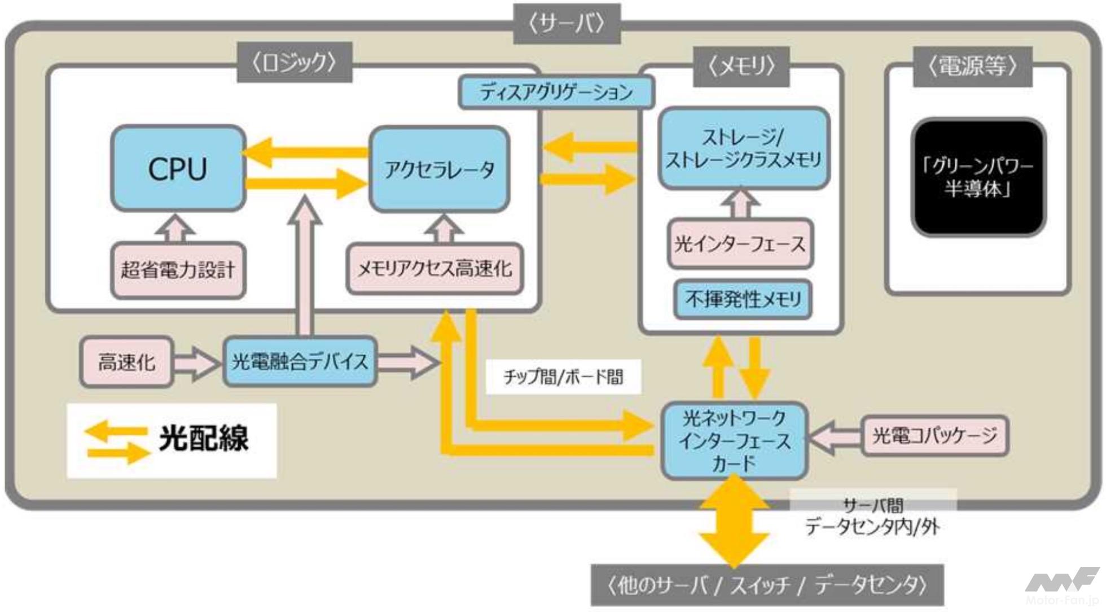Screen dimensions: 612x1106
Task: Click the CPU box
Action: (x=178, y=168)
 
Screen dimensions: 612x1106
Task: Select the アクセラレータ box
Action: (x=439, y=169)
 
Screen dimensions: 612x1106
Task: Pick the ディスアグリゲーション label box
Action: (x=556, y=92)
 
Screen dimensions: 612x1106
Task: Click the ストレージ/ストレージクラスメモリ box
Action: (x=743, y=148)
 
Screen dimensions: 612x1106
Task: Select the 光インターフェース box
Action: (x=740, y=244)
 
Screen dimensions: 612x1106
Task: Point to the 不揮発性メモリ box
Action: (x=743, y=299)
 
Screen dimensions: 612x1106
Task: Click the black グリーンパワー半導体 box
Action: (x=978, y=177)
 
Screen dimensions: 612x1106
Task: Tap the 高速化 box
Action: (x=126, y=362)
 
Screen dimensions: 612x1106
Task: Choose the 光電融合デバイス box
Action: (x=300, y=361)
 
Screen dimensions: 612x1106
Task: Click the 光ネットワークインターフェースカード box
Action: (x=734, y=441)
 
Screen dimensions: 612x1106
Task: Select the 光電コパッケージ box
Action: (x=934, y=435)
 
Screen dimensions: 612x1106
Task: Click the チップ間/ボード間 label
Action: (x=563, y=377)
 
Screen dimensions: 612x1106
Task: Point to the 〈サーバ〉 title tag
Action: (x=567, y=24)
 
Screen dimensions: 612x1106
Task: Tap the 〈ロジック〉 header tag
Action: (x=294, y=62)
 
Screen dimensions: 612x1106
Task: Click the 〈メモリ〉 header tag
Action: (x=741, y=67)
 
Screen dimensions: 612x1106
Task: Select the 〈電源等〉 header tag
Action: (x=972, y=67)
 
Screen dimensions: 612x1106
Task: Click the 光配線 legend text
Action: (x=203, y=438)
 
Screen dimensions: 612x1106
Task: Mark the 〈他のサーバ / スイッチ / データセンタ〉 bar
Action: (x=767, y=585)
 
